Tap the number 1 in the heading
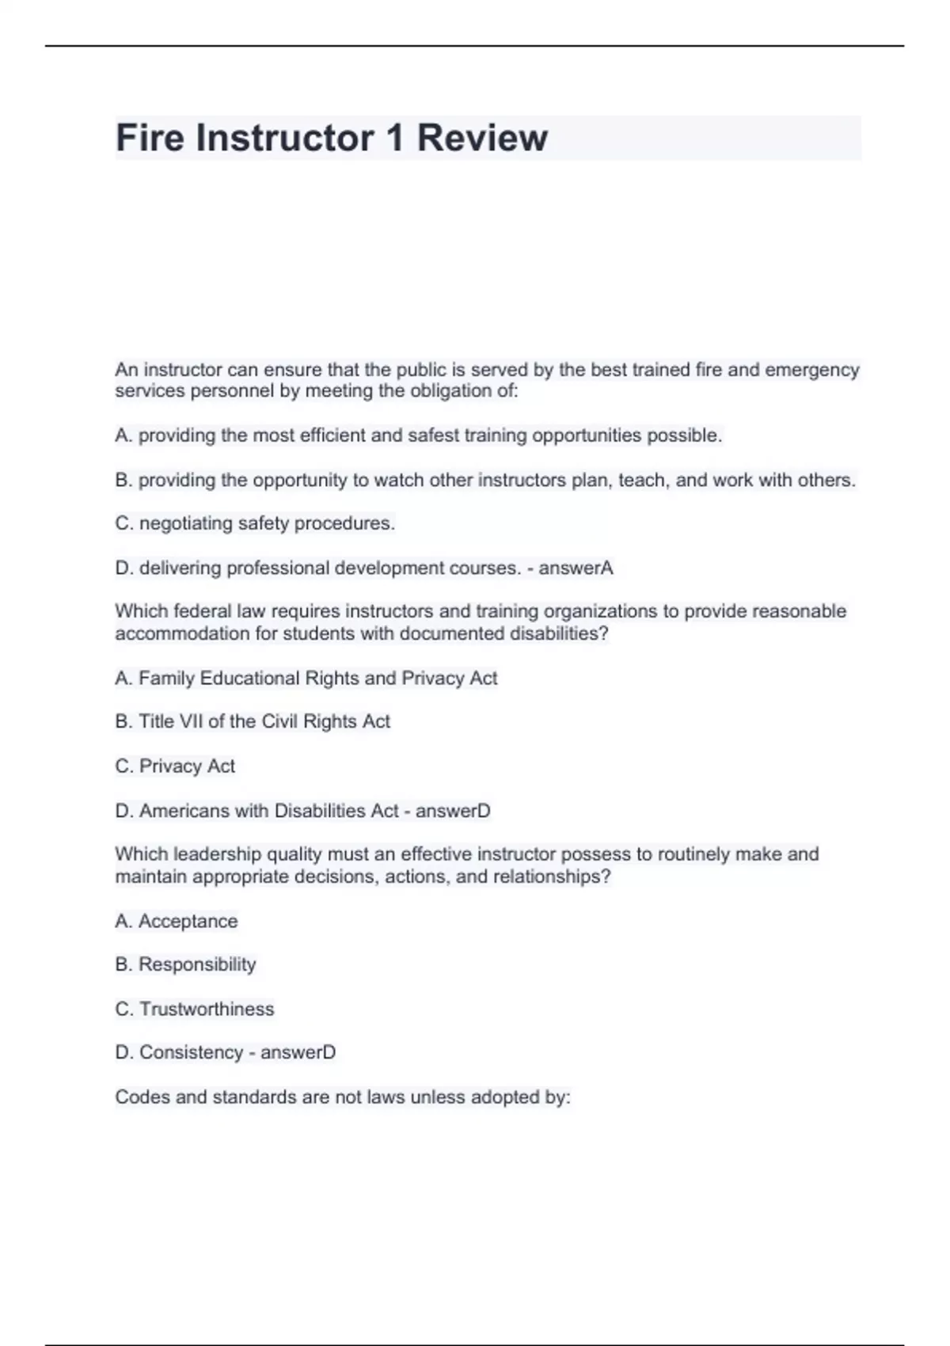click(x=393, y=138)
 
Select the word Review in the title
click(x=482, y=138)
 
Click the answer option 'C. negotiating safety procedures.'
click(x=255, y=523)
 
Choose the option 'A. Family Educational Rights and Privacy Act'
click(x=306, y=678)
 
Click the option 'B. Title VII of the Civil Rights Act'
click(x=253, y=721)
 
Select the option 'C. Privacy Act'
click(x=175, y=766)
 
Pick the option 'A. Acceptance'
click(x=177, y=921)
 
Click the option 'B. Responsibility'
click(x=185, y=964)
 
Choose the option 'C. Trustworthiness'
click(x=195, y=1009)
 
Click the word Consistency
click(x=191, y=1052)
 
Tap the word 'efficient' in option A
click(x=332, y=435)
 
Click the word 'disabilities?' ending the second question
click(x=559, y=633)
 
